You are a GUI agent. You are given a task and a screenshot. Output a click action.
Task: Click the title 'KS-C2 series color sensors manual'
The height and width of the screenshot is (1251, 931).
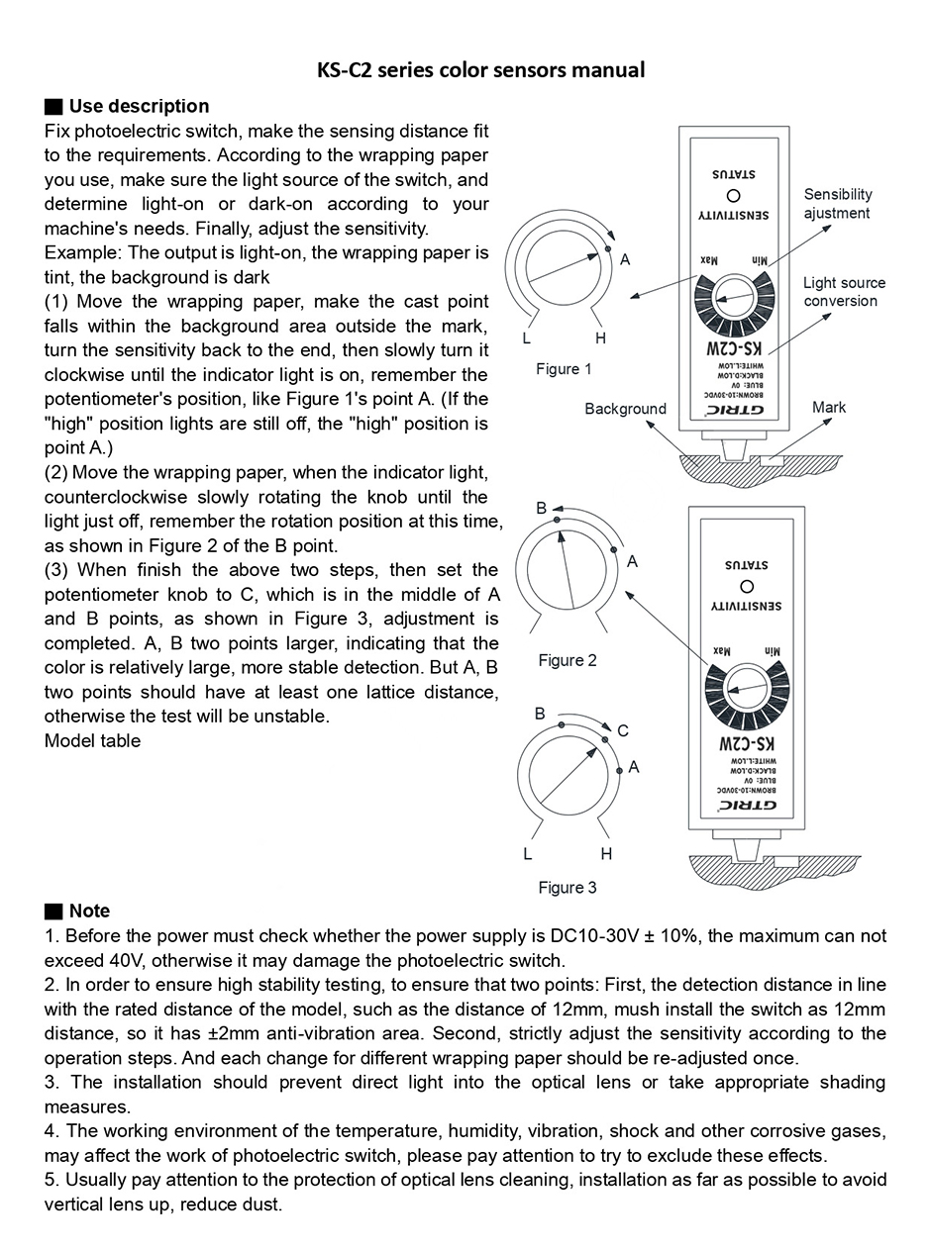click(480, 69)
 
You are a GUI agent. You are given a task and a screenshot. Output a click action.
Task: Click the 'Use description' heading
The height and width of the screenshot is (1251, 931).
click(139, 106)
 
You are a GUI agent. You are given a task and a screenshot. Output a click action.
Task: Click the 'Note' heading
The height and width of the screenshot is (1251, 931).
click(89, 911)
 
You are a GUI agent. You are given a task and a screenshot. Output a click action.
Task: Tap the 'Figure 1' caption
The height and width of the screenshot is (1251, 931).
click(564, 369)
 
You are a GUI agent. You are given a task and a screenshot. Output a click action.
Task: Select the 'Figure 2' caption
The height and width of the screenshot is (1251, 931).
click(568, 660)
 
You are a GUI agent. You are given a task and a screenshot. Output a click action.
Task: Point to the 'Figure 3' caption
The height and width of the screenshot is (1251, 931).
click(568, 887)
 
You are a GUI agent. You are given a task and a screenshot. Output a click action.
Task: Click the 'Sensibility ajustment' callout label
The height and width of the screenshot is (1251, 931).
click(838, 204)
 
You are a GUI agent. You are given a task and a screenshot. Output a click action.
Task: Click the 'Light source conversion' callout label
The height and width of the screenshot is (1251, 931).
click(844, 292)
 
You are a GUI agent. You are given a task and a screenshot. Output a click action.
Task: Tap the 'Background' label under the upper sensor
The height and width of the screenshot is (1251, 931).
click(625, 409)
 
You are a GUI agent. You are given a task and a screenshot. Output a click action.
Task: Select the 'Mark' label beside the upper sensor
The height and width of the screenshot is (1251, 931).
click(829, 407)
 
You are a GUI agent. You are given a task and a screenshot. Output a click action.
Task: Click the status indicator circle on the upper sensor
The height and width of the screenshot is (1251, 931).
click(733, 195)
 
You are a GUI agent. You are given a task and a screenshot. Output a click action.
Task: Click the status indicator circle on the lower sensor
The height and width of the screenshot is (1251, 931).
click(746, 586)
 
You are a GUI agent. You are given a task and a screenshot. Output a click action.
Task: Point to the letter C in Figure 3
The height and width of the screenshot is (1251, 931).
click(623, 731)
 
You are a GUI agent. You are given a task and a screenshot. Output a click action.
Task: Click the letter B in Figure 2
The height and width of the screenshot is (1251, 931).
click(542, 508)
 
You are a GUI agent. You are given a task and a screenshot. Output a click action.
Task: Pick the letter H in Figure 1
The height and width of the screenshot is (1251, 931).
click(600, 338)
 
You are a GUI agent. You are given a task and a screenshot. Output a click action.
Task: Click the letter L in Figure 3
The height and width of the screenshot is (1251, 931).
click(527, 854)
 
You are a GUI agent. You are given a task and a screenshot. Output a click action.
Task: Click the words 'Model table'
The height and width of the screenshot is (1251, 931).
click(92, 740)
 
